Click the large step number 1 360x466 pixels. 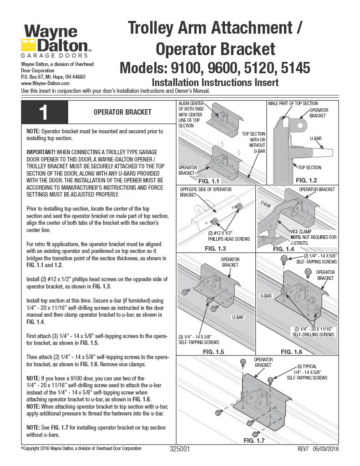pos(44,112)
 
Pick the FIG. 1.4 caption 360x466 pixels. pos(284,249)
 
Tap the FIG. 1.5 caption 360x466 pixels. pos(213,351)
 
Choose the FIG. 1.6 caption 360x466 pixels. pos(292,351)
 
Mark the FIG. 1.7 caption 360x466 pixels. pos(254,441)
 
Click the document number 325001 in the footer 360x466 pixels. pos(179,449)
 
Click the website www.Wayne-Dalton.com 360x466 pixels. pos(45,84)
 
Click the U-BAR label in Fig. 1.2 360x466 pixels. pos(316,137)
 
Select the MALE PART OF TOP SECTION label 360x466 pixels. pos(293,104)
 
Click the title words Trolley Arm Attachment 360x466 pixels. pos(215,28)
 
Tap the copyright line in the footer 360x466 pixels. pos(81,449)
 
